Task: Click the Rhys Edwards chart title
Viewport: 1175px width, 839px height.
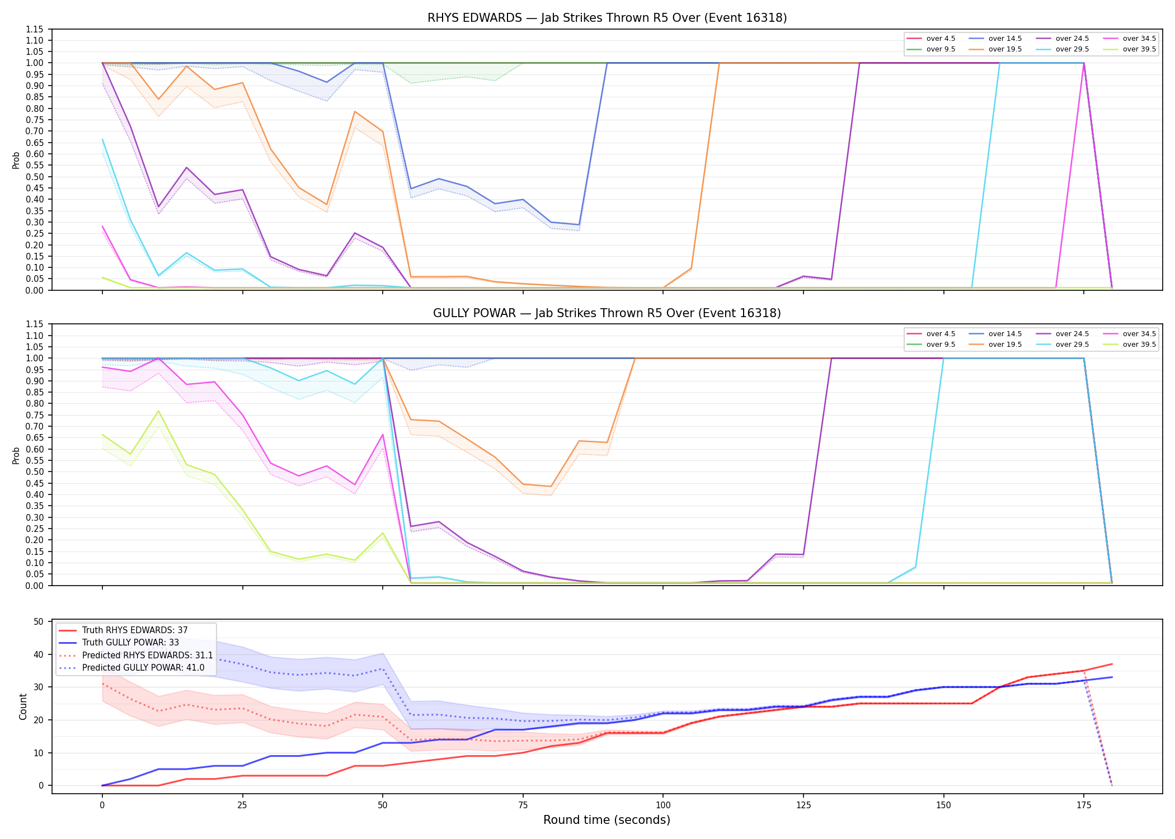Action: coord(607,18)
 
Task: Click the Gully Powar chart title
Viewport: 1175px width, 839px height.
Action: coord(607,313)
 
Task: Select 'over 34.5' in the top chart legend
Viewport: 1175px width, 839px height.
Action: coord(1139,39)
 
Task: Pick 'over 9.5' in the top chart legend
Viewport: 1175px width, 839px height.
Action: coord(941,49)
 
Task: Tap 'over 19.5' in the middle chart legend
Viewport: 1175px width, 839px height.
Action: coord(1005,345)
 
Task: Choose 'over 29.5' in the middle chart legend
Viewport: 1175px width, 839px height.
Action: coord(1072,345)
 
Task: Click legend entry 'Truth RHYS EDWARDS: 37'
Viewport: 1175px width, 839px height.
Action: coord(135,630)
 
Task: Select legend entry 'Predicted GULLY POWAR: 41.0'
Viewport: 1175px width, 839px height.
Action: coord(143,668)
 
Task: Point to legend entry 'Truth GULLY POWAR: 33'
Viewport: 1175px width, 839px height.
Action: coord(130,643)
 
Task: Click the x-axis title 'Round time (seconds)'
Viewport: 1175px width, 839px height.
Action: coord(607,820)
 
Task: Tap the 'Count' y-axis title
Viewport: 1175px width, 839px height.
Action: coord(23,707)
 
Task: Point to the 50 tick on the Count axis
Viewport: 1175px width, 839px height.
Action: coord(39,622)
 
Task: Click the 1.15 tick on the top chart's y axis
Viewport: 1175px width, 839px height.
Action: coord(35,29)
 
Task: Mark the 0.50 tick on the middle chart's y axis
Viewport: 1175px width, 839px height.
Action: coord(35,472)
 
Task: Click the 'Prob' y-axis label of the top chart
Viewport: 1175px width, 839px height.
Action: coord(16,161)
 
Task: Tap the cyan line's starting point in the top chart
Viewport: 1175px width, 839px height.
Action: coord(102,139)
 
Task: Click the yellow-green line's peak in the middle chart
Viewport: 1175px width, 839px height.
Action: coord(159,411)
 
